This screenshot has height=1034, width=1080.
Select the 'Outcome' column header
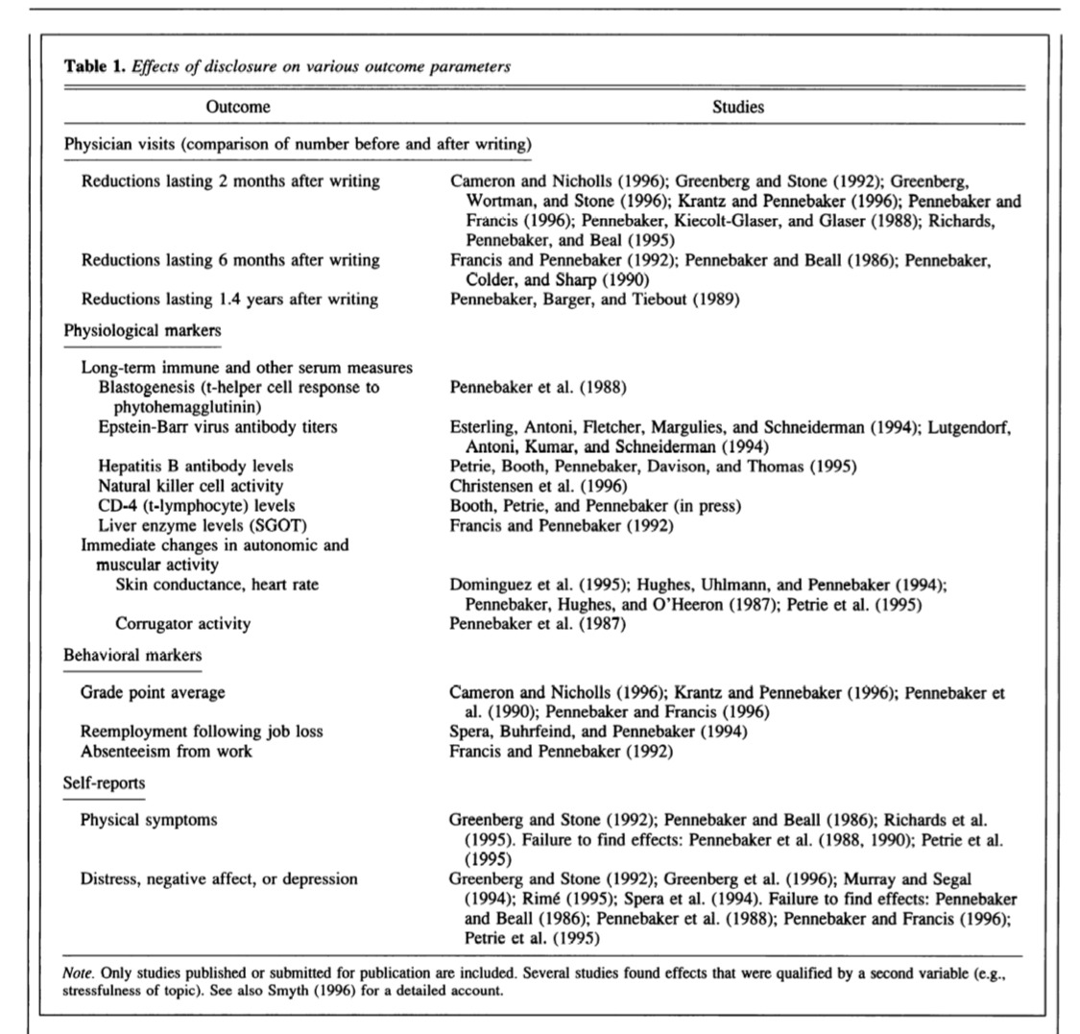(x=237, y=107)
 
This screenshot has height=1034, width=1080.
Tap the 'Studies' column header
(x=737, y=107)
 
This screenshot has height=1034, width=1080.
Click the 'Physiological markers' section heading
(x=142, y=330)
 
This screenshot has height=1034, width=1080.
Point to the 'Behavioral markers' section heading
(x=132, y=655)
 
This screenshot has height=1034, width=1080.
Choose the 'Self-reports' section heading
(x=104, y=782)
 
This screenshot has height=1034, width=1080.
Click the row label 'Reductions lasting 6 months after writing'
(x=229, y=260)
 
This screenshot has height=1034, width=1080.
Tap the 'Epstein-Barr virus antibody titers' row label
(x=217, y=426)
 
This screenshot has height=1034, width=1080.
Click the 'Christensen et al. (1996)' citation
(x=538, y=486)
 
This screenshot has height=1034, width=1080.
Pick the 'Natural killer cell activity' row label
(x=190, y=486)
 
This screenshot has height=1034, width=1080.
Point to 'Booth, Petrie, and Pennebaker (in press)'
(x=594, y=505)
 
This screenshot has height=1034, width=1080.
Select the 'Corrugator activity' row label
(x=182, y=623)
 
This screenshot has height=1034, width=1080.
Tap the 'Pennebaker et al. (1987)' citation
(x=538, y=623)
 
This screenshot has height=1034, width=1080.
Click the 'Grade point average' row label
(x=152, y=691)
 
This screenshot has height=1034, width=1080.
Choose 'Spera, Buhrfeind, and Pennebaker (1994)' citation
(x=598, y=731)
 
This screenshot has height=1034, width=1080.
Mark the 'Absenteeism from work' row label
(x=166, y=751)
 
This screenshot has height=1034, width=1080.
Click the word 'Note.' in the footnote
(x=80, y=974)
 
